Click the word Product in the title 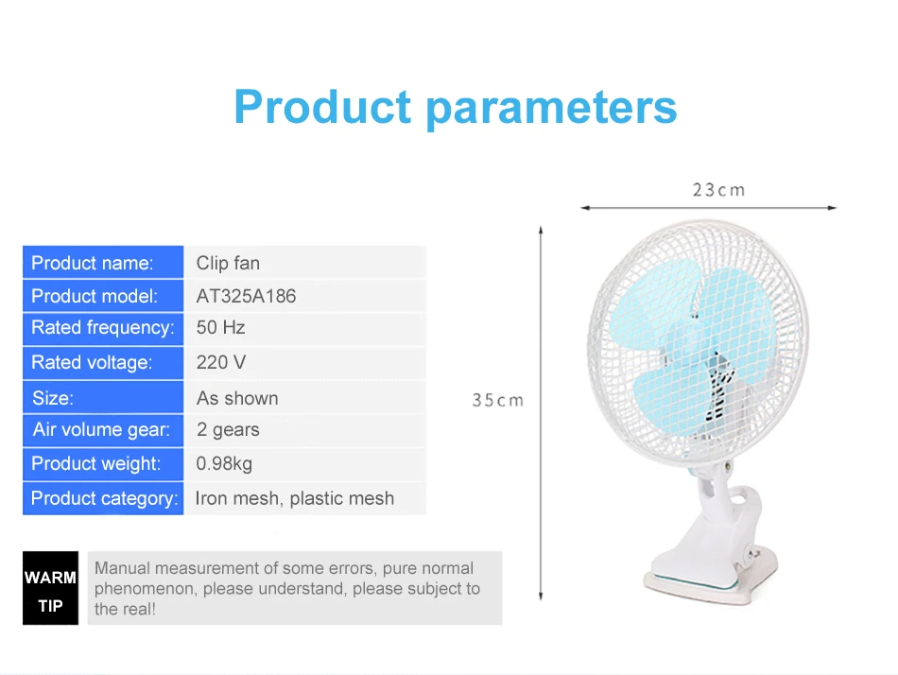coord(322,107)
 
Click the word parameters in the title coord(551,109)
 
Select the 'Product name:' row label coord(93,263)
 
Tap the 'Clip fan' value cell coord(228,263)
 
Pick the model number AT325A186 coord(247,296)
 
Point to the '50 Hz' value coord(220,327)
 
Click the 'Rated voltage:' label coord(92,362)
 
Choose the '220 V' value coord(221,362)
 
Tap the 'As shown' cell coord(237,398)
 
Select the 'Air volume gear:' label coord(101,430)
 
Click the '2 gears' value coord(228,430)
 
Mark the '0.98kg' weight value coord(224,463)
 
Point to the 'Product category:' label coord(105,498)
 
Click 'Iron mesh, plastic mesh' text coord(294,498)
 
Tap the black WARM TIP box coord(50,588)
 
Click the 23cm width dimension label coord(718,190)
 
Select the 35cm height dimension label coord(497,400)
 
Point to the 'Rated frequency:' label coord(102,328)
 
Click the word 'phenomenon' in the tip coord(144,589)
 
